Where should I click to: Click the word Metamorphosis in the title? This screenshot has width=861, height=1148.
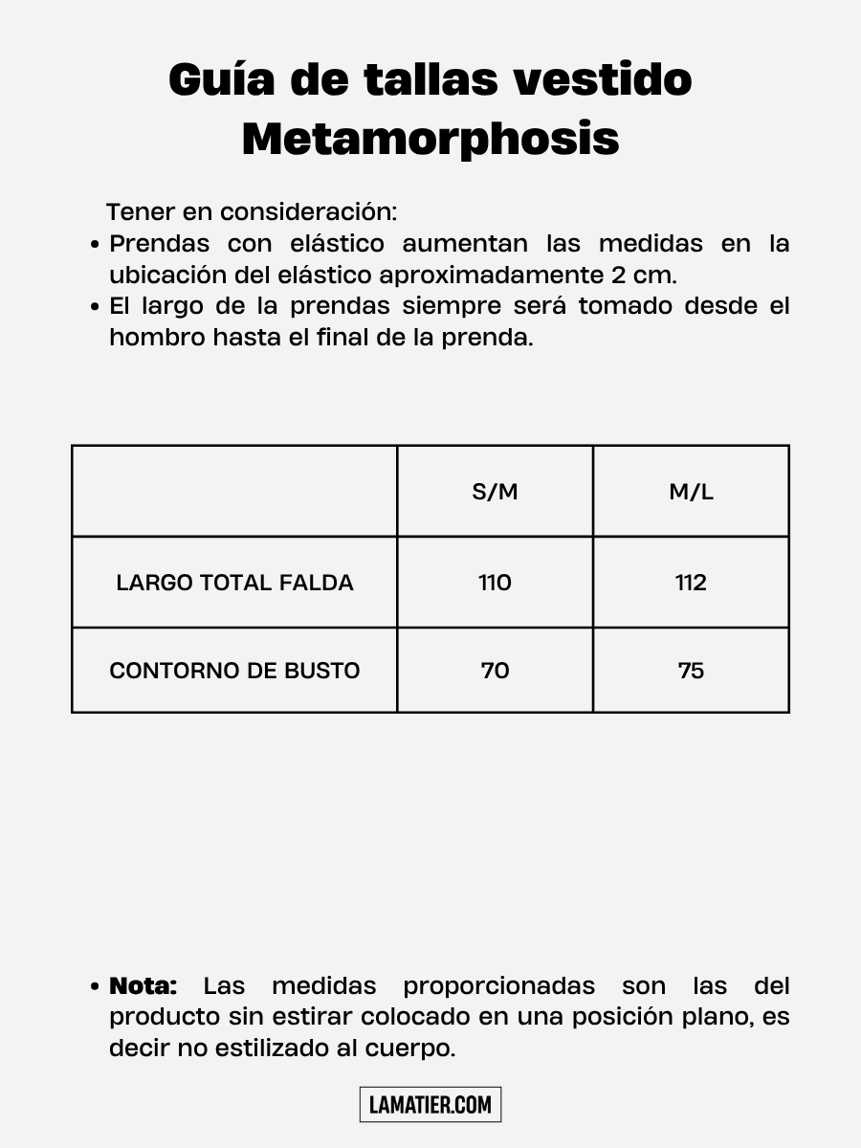(x=430, y=139)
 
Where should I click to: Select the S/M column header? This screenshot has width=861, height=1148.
(x=495, y=493)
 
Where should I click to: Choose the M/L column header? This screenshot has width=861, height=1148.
(x=691, y=493)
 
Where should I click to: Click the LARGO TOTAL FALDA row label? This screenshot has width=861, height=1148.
(x=234, y=583)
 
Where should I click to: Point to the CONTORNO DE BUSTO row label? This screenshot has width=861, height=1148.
(x=234, y=671)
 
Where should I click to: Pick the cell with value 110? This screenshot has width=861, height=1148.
(x=495, y=583)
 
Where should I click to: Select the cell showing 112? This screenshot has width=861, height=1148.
(x=691, y=583)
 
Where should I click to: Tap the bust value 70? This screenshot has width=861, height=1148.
(x=495, y=671)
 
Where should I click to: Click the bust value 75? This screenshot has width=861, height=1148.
(x=691, y=671)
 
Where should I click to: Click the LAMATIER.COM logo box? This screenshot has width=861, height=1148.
(x=430, y=1105)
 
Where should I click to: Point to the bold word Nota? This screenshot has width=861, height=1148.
(x=143, y=985)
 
